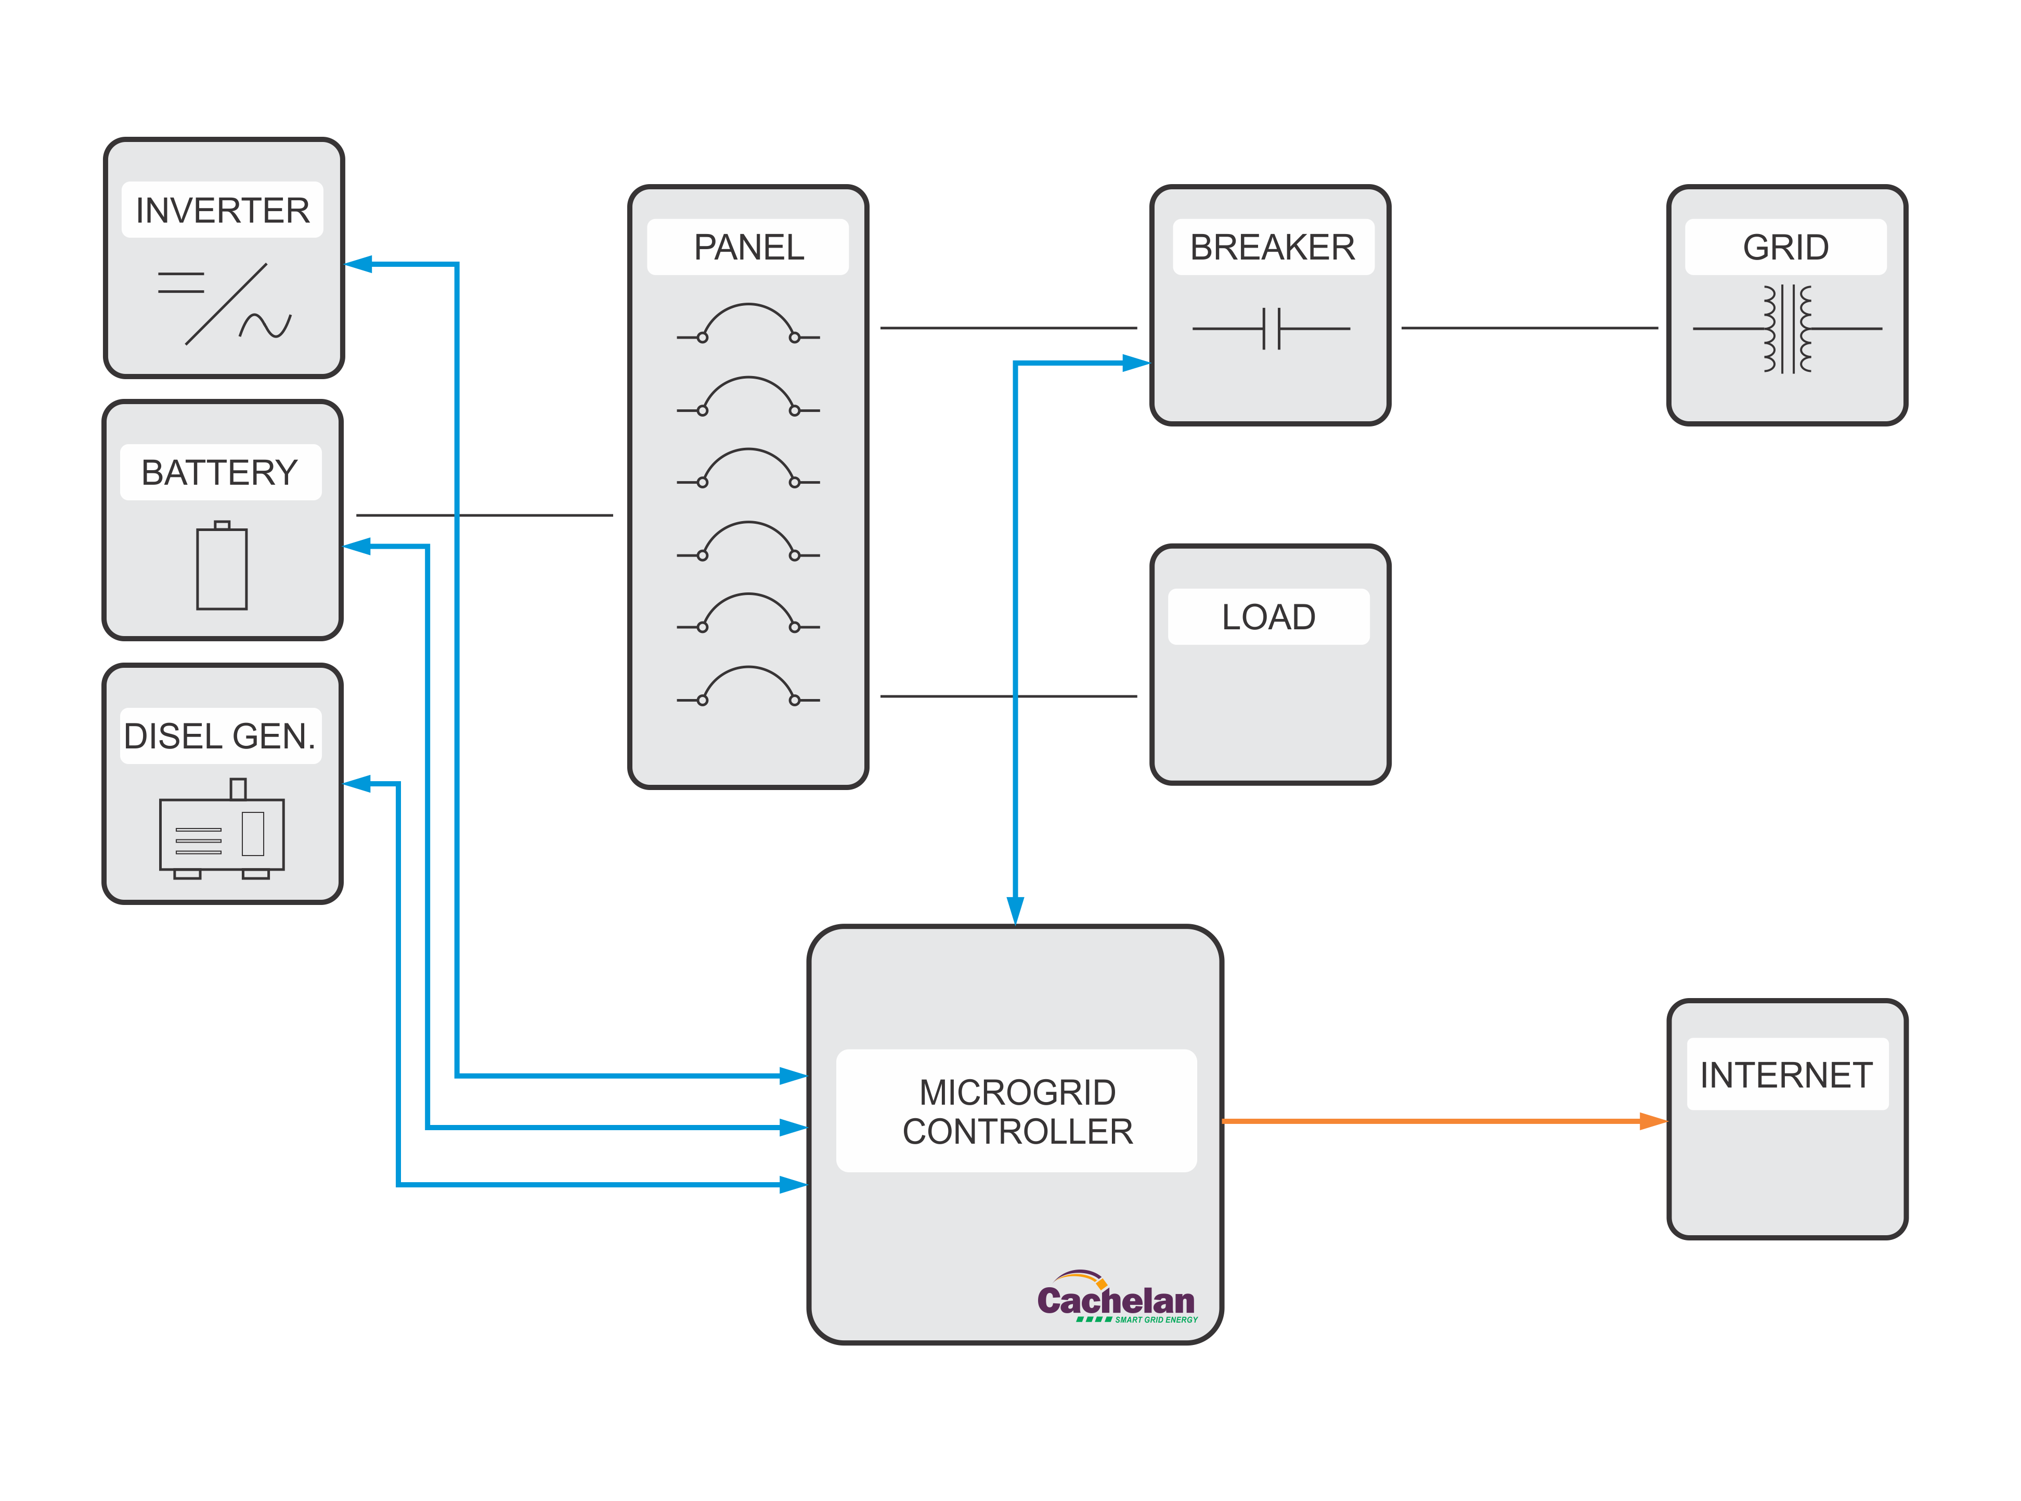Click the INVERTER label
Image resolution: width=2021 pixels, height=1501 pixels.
[x=223, y=211]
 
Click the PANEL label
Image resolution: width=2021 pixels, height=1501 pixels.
[x=748, y=247]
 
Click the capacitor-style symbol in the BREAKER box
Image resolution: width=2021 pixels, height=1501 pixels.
[x=1271, y=328]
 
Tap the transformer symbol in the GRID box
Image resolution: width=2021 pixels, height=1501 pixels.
[x=1786, y=328]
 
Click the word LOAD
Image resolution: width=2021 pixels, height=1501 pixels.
[x=1268, y=617]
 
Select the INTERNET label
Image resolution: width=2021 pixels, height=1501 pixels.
[x=1786, y=1075]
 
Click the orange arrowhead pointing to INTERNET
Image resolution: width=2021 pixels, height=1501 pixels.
[x=1653, y=1121]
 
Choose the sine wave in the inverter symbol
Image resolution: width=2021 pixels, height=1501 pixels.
[x=265, y=325]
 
